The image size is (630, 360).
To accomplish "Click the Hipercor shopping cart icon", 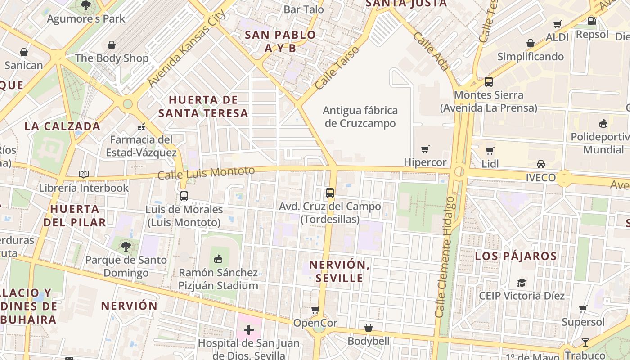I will click(425, 149).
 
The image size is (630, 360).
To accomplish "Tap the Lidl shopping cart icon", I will click(490, 151).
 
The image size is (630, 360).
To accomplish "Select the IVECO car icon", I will click(541, 164).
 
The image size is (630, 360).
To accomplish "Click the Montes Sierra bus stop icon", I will click(488, 82).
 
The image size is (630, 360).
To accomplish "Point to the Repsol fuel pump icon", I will click(592, 21).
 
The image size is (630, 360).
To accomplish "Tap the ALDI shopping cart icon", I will click(558, 24).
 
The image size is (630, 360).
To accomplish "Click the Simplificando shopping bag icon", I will click(531, 43).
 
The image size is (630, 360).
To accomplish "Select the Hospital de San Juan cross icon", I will click(249, 330).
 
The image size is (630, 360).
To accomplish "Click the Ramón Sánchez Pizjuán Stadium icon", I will click(218, 259).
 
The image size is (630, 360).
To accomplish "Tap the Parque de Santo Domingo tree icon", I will click(126, 246).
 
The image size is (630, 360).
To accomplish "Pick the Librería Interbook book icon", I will click(84, 174).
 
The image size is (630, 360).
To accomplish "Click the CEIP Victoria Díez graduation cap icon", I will click(522, 283).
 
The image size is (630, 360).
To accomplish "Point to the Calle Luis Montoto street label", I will click(206, 172).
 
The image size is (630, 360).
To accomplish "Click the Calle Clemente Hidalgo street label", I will click(445, 256).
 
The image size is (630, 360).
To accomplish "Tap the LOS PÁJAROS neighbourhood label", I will click(516, 256).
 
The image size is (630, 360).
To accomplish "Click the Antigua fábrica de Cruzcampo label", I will click(360, 117).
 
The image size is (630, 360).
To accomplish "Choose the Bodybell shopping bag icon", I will click(369, 328).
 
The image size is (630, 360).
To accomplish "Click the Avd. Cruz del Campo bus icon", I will click(330, 193).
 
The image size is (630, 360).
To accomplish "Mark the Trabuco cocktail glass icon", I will click(585, 342).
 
